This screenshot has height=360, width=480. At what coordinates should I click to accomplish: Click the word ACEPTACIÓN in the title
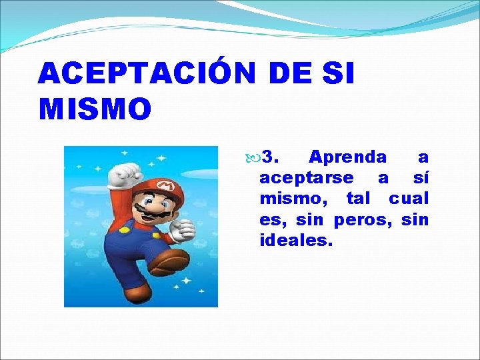point(147,73)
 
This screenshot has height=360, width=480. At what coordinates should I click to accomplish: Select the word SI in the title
point(338,73)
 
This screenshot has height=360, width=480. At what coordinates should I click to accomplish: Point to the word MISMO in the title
point(95,109)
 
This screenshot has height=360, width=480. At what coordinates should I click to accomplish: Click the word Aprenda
point(347,158)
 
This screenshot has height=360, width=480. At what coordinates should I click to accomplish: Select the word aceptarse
point(306,179)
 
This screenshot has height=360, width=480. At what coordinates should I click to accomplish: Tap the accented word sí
point(421,178)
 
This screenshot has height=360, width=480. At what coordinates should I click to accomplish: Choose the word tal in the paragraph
point(360,199)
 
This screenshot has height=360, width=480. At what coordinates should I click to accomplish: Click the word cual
point(409,199)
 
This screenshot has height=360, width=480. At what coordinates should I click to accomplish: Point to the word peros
point(364,219)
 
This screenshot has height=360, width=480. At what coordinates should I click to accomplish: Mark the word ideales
point(295,240)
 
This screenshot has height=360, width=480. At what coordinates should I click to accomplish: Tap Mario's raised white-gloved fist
point(125,174)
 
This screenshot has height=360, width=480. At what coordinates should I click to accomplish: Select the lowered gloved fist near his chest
point(181,229)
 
